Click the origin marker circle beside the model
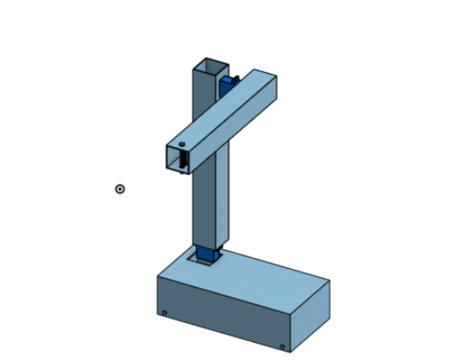point(120,189)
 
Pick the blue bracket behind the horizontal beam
point(230,83)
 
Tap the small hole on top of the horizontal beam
point(181,143)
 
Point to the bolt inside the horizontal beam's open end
point(183,158)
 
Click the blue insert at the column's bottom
point(208,253)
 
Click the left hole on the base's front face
point(164,312)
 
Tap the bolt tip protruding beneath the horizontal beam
point(182,171)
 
